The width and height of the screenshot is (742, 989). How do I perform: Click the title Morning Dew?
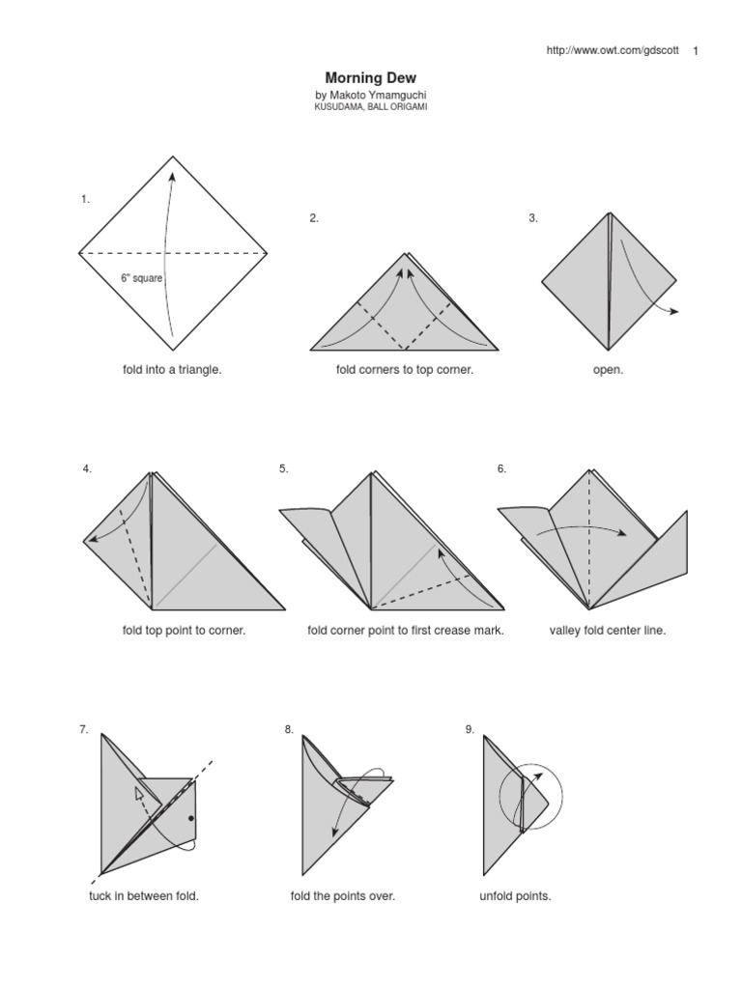[x=371, y=77]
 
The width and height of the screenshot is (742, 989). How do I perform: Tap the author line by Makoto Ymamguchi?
[x=371, y=96]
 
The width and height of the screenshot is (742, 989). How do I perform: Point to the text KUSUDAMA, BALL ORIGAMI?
[x=371, y=107]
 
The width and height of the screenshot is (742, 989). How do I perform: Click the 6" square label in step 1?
[x=141, y=277]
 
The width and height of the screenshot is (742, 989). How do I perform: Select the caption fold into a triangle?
[x=172, y=370]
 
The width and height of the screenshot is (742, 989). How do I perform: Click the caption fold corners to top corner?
[x=405, y=370]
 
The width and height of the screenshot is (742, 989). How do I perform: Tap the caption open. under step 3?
[x=608, y=370]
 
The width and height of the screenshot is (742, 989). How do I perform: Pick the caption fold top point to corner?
[x=184, y=631]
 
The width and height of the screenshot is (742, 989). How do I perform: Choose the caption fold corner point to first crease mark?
[x=406, y=631]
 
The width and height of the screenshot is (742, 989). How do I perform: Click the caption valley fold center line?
[x=608, y=631]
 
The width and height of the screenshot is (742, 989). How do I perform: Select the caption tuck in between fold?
[x=144, y=896]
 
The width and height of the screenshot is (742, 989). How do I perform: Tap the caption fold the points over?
[x=343, y=896]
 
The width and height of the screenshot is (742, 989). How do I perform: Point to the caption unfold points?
[x=515, y=896]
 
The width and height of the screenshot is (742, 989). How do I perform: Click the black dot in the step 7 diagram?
[x=191, y=818]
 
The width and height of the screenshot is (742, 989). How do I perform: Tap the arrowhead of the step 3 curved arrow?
[x=674, y=311]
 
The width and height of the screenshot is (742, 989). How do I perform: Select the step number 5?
[x=284, y=469]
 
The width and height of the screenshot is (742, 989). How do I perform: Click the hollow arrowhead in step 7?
[x=139, y=793]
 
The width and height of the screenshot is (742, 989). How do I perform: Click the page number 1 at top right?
[x=697, y=51]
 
